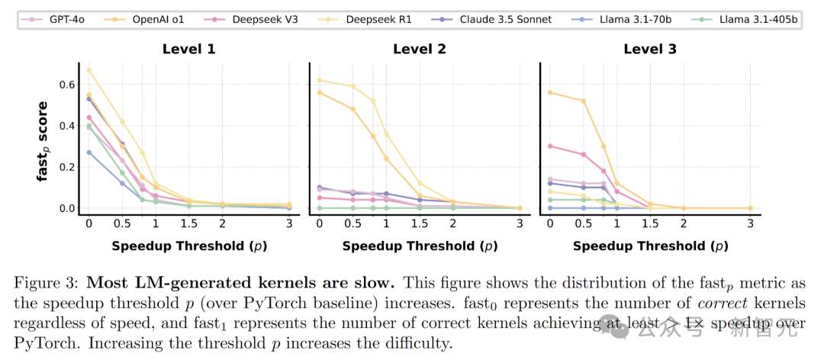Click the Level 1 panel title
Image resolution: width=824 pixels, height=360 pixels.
coord(188,50)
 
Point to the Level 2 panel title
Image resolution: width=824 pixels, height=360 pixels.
coord(420,50)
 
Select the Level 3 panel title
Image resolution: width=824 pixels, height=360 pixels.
coord(650,50)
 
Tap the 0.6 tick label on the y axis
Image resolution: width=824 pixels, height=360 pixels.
coord(67,84)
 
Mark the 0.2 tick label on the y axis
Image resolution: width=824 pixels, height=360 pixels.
coord(67,167)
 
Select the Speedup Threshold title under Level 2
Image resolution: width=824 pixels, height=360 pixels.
coord(420,246)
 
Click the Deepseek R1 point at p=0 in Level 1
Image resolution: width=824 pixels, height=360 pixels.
coord(89,70)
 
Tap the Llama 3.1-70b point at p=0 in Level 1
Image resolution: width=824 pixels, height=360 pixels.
coord(89,153)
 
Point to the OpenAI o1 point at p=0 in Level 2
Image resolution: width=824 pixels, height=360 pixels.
coord(320,92)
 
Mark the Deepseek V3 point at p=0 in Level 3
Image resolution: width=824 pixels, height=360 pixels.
coord(550,146)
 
